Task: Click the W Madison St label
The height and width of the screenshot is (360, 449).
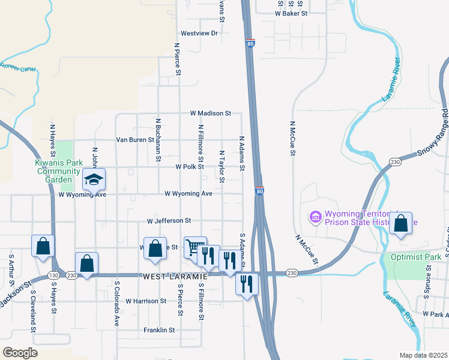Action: (x=211, y=113)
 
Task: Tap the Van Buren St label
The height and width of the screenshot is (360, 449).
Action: (x=134, y=140)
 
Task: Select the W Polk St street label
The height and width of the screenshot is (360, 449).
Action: (x=190, y=167)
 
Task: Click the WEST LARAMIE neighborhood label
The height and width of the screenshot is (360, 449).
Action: (x=175, y=276)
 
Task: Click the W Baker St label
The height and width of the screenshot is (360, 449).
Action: (x=291, y=13)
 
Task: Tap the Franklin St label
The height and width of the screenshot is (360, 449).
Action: (x=159, y=330)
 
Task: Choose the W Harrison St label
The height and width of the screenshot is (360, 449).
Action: (x=145, y=301)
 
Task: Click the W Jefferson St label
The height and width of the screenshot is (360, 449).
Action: (x=169, y=221)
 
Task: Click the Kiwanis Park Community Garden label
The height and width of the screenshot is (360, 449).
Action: (x=59, y=171)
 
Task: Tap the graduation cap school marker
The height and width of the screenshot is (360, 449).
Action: (x=94, y=180)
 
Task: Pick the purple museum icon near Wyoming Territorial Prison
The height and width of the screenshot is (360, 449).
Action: (x=315, y=216)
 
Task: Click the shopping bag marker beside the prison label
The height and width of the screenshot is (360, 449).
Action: (x=400, y=223)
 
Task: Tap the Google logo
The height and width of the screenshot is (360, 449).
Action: (x=20, y=353)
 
